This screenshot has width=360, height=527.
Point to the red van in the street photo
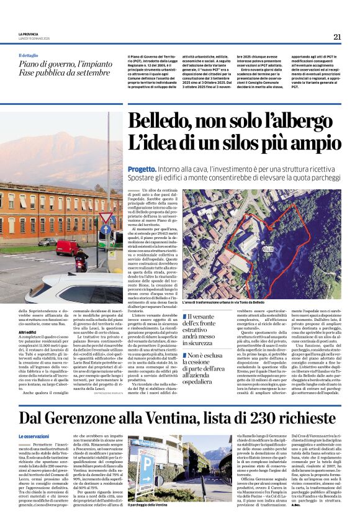click(x=66, y=247)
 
